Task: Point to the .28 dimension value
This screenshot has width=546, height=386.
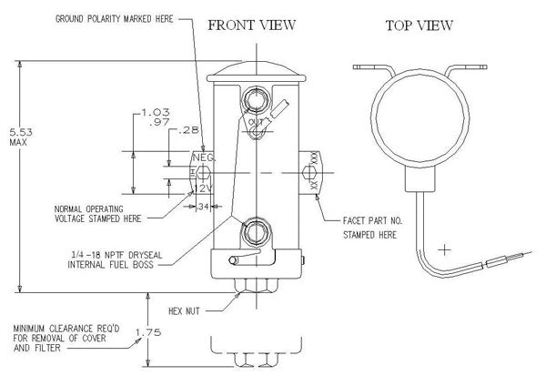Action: (188, 132)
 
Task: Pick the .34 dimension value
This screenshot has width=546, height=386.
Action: (202, 206)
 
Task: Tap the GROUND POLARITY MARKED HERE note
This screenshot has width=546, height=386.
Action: (114, 18)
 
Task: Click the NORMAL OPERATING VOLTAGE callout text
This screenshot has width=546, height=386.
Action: (96, 212)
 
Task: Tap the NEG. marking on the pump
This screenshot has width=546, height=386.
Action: (202, 157)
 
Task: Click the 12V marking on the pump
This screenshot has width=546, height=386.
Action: (201, 188)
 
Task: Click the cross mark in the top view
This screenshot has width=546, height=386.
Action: (445, 249)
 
